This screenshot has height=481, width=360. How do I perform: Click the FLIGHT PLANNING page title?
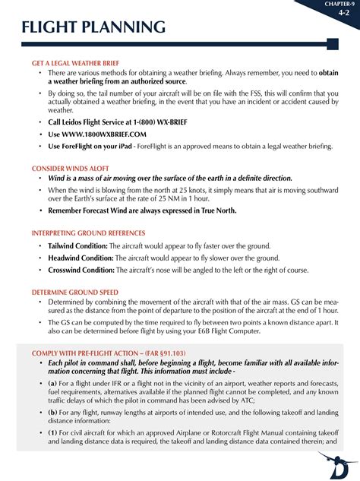(93, 28)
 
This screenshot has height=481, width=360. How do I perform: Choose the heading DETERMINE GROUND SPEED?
(74, 292)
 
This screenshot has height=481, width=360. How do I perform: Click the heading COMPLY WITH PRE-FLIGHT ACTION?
(109, 353)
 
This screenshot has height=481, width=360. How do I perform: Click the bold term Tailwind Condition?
(77, 246)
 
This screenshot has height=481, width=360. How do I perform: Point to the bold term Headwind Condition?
(81, 258)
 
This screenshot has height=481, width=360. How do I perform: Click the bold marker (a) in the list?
(53, 384)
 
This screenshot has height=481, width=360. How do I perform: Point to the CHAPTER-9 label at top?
(340, 4)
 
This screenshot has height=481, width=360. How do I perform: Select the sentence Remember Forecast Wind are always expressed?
(142, 210)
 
